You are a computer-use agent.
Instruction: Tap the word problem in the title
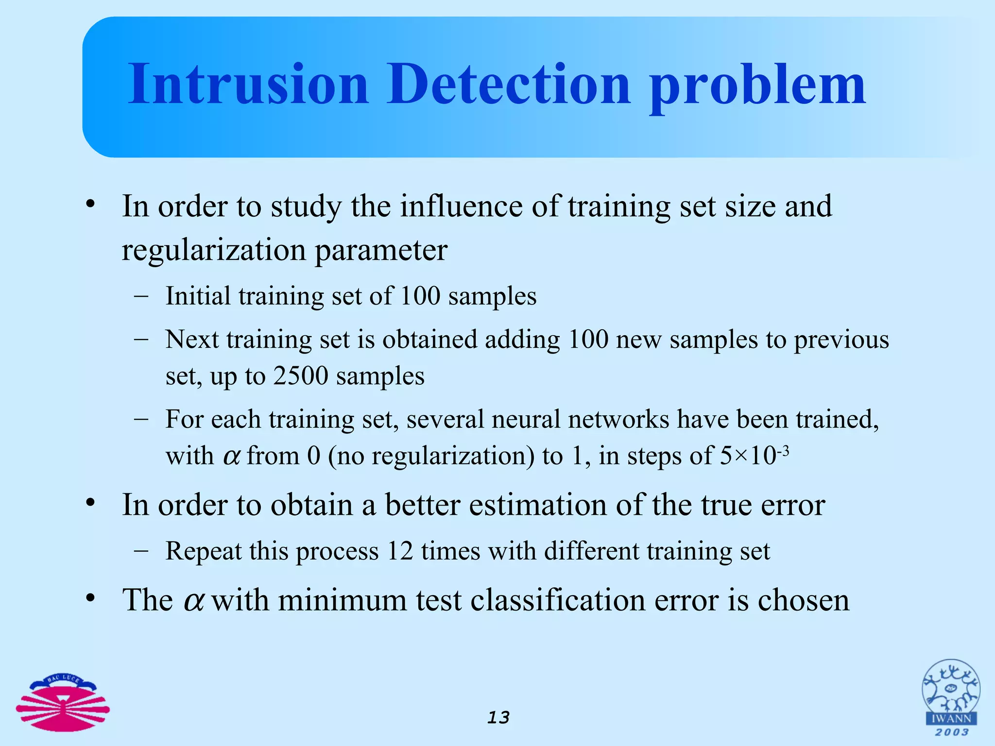pyautogui.click(x=757, y=87)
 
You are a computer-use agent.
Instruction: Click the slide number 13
pyautogui.click(x=498, y=717)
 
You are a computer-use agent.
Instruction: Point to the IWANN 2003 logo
pyautogui.click(x=951, y=697)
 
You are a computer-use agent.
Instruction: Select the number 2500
pyautogui.click(x=301, y=375)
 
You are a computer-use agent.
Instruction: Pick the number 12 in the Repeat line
pyautogui.click(x=400, y=551)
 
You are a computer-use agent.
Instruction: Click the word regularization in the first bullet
pyautogui.click(x=214, y=251)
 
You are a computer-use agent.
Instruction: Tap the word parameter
pyautogui.click(x=381, y=251)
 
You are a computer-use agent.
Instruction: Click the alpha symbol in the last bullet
pyautogui.click(x=194, y=600)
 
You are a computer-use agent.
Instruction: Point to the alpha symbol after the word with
pyautogui.click(x=232, y=456)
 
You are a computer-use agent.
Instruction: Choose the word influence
pyautogui.click(x=461, y=206)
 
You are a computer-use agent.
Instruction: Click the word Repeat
pyautogui.click(x=203, y=551)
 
